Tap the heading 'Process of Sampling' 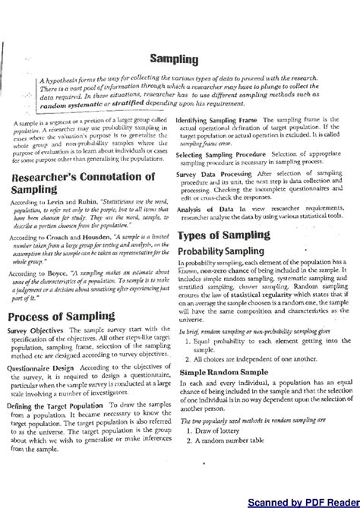coord(64,316)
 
